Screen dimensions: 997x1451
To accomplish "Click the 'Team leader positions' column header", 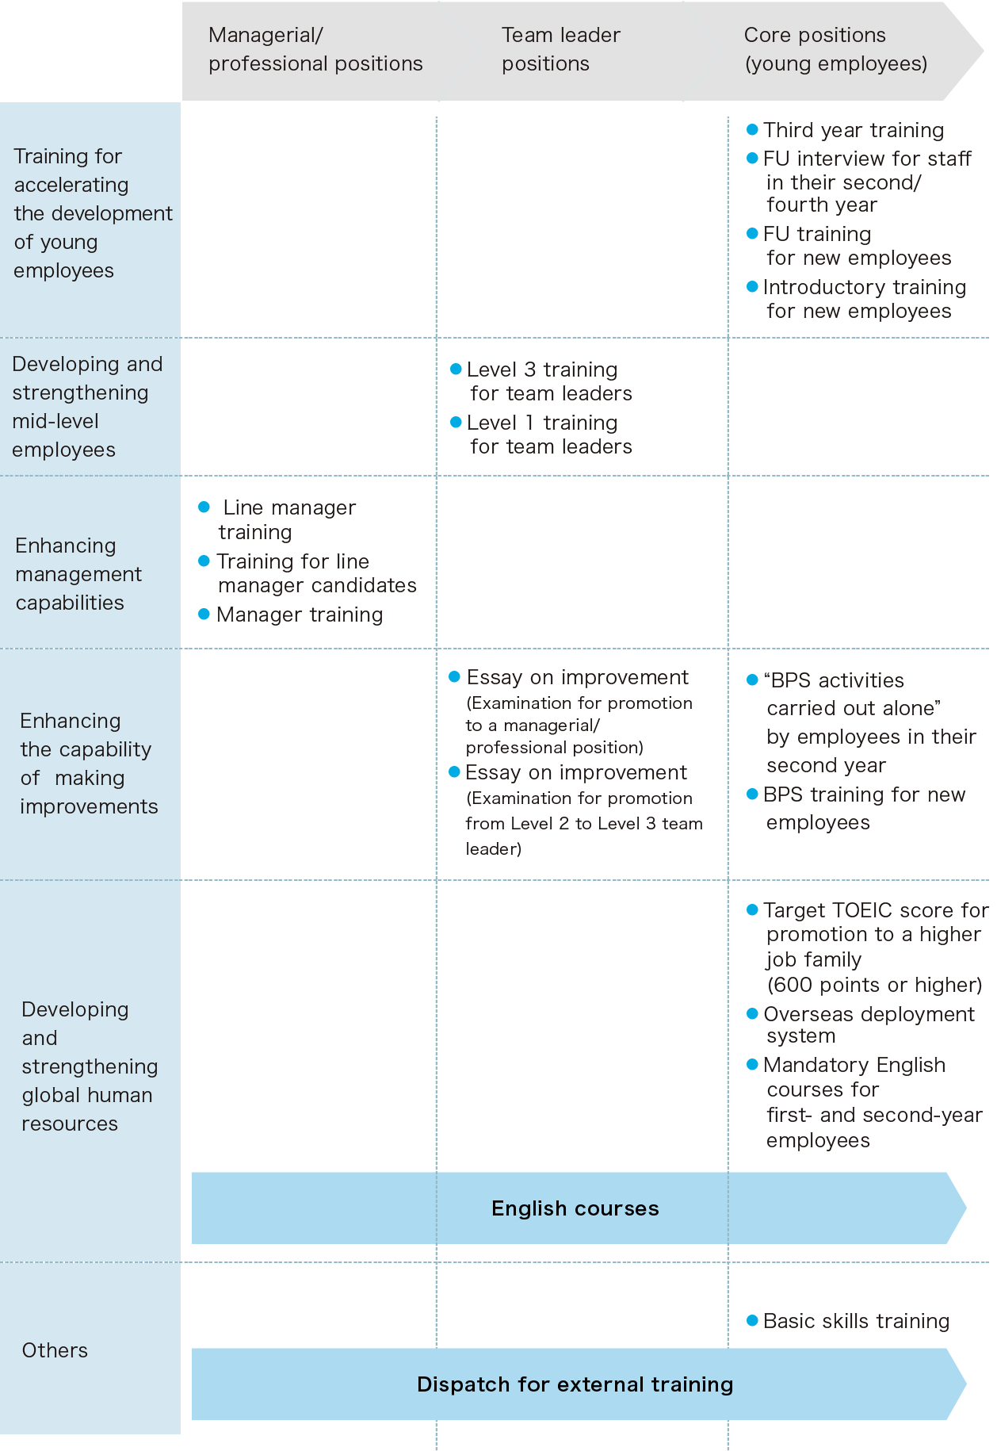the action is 561,49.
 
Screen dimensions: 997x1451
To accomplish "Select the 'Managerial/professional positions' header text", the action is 315,49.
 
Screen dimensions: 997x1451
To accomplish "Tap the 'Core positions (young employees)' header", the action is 835,49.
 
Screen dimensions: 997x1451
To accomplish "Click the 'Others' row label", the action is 55,1350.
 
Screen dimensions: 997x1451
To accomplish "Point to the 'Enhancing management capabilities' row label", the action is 78,574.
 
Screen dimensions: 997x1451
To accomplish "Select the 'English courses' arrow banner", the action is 579,1208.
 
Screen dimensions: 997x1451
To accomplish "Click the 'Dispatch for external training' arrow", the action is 579,1384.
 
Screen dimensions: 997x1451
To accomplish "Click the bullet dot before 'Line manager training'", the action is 204,507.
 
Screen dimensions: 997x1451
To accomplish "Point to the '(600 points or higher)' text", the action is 874,985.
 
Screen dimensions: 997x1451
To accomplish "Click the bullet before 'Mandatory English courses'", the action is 752,1064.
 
